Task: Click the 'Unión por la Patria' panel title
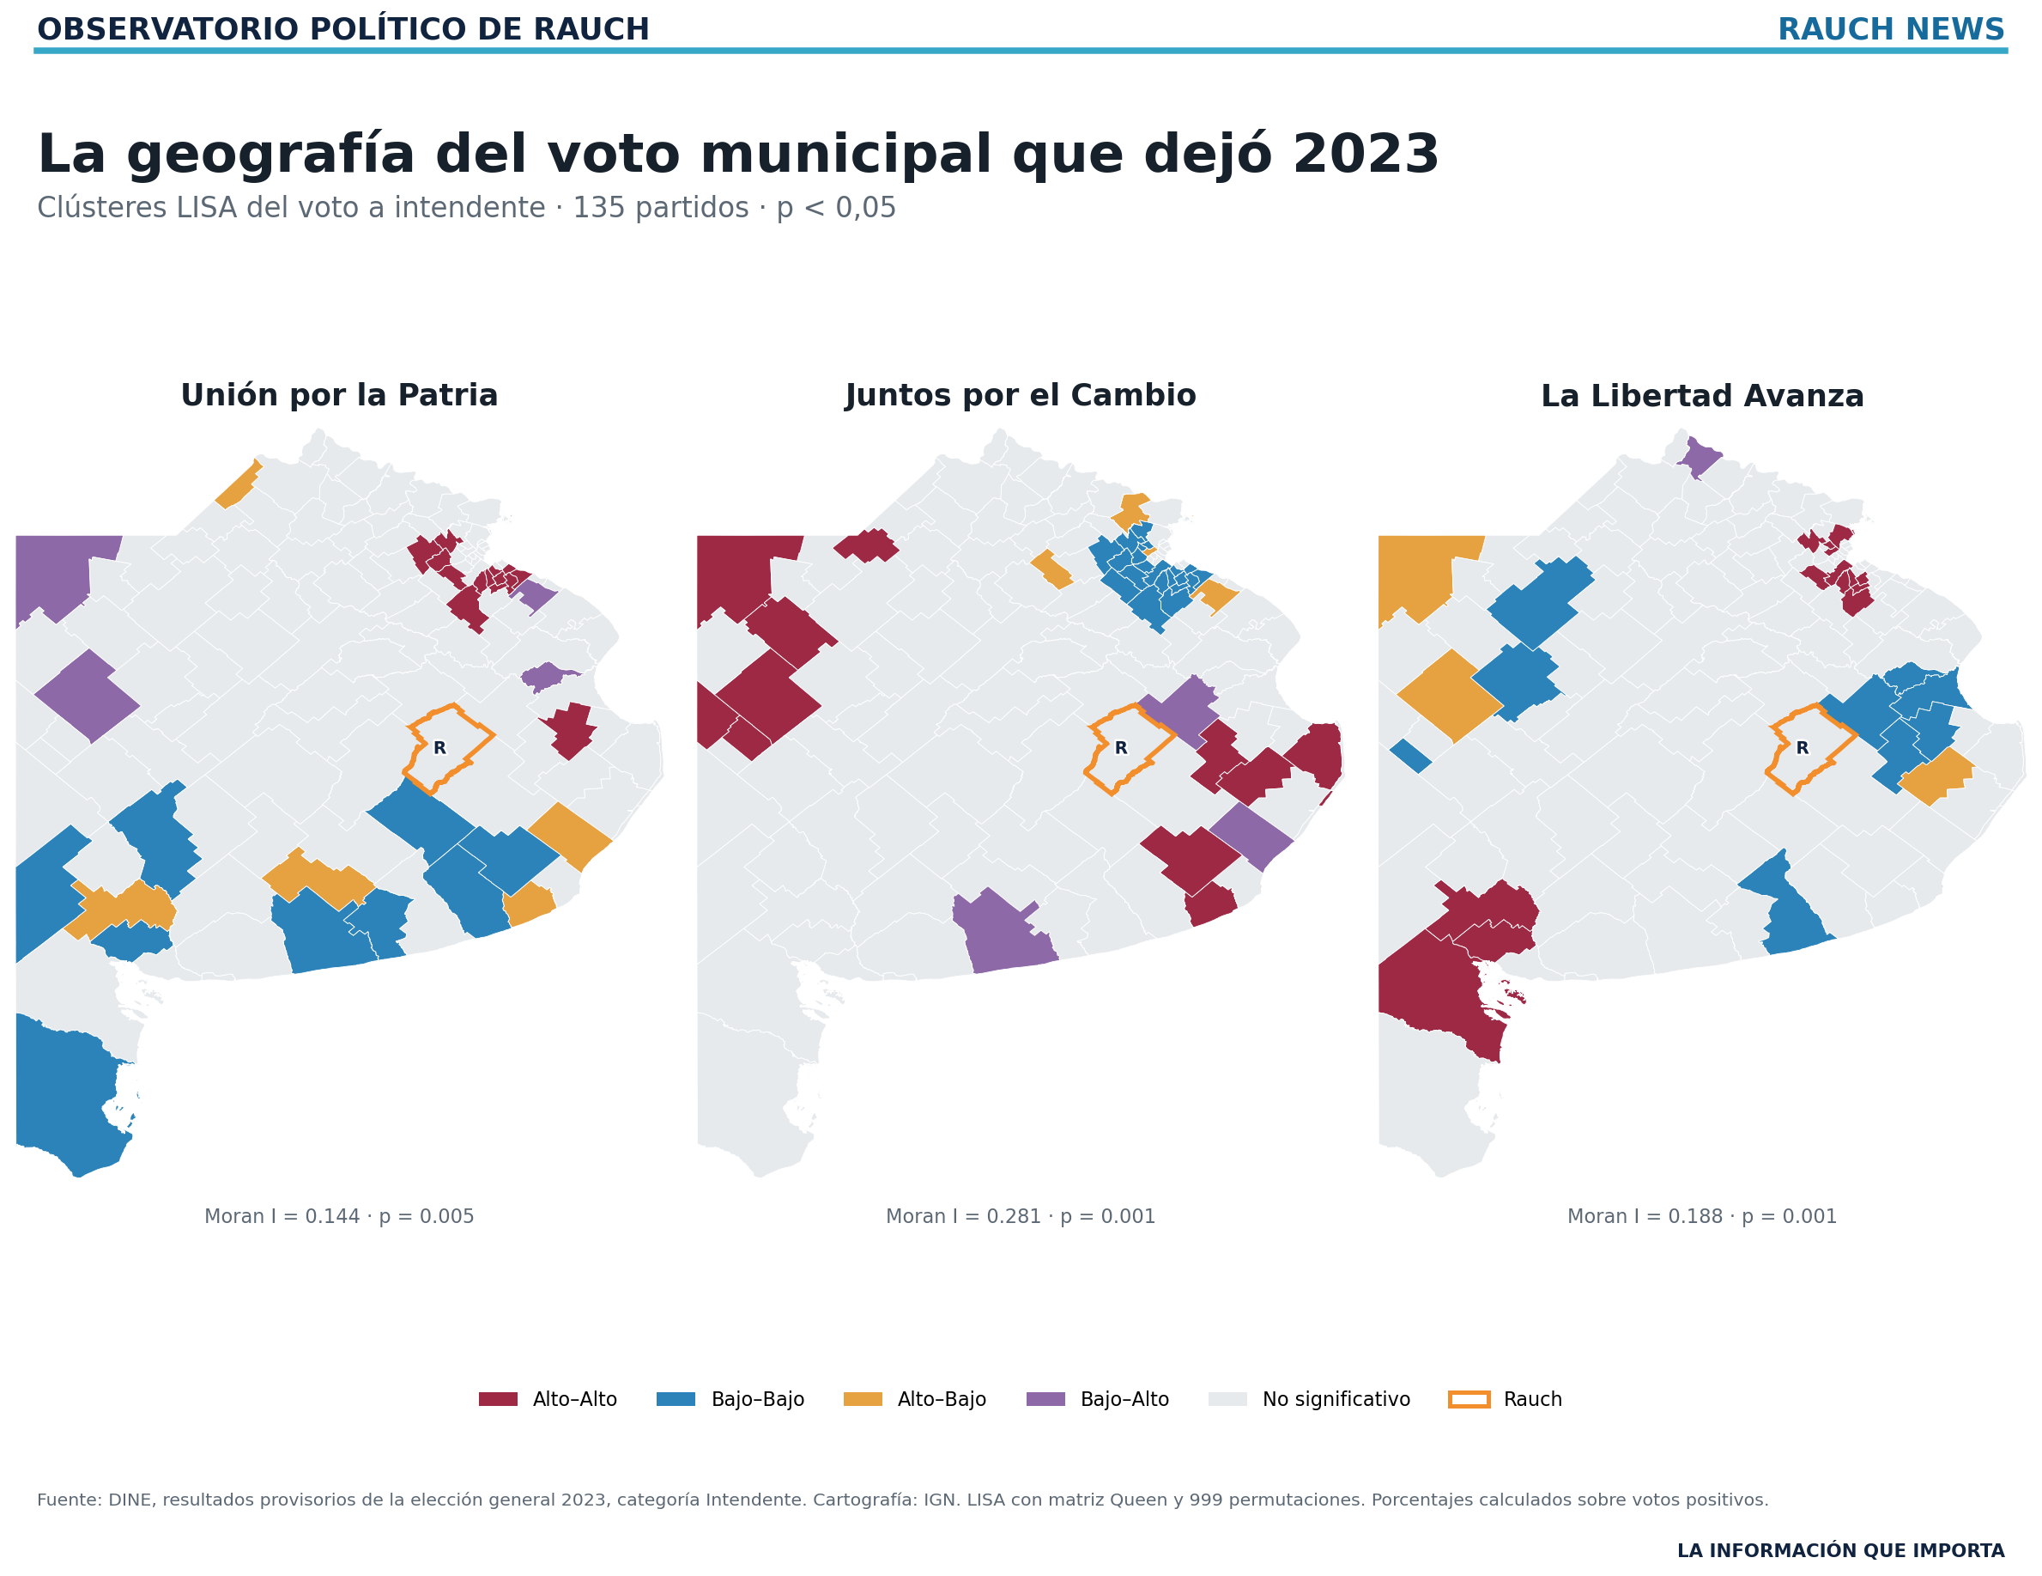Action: [x=339, y=396]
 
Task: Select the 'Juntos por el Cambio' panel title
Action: [x=1020, y=396]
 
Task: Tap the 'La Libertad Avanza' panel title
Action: [x=1701, y=396]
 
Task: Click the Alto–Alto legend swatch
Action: [x=498, y=1399]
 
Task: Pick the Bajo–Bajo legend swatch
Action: [x=676, y=1399]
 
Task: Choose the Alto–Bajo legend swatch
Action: [x=863, y=1399]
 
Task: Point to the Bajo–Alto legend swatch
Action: [x=1045, y=1399]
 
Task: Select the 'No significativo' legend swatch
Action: [x=1227, y=1399]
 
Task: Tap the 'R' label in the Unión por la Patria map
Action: [x=439, y=748]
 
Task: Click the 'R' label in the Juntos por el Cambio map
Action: [x=1121, y=748]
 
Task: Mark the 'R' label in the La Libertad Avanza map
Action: [x=1803, y=748]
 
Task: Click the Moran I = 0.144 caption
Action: [x=339, y=1217]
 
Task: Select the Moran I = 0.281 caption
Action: [x=1020, y=1217]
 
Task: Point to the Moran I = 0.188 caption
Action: [x=1701, y=1217]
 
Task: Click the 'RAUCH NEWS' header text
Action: [x=1892, y=30]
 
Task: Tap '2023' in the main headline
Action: [x=1366, y=155]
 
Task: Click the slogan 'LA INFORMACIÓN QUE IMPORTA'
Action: [x=1841, y=1551]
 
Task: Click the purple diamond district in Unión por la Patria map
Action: [x=87, y=696]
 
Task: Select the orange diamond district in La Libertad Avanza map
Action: [x=1450, y=696]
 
